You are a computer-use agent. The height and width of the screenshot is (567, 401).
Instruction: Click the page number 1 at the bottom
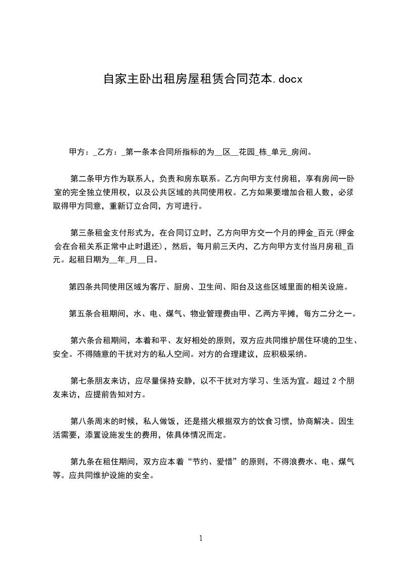point(201,538)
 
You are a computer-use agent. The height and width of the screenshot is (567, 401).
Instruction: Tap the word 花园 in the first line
point(247,151)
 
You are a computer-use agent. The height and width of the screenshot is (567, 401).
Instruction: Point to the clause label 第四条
point(81,287)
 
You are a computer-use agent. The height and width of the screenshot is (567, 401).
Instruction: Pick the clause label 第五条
point(81,314)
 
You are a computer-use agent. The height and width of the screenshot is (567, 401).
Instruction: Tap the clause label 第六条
point(82,341)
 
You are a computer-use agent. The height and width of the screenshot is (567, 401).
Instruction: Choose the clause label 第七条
point(82,381)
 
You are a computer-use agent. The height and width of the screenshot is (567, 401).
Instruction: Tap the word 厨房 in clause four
point(180,287)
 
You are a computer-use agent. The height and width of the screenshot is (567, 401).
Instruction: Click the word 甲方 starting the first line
point(76,151)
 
